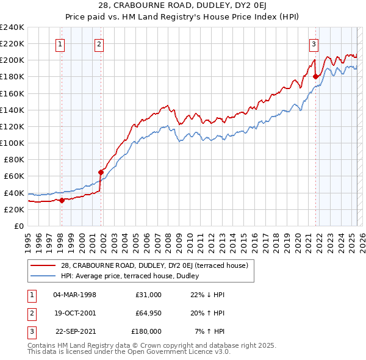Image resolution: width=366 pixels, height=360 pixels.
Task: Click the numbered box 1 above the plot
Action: (x=61, y=43)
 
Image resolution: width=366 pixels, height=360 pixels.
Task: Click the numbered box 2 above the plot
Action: (x=99, y=43)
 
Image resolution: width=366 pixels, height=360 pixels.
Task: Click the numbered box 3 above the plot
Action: (x=313, y=43)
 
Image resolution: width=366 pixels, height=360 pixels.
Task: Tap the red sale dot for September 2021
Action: (x=316, y=76)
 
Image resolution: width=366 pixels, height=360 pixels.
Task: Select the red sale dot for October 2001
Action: (x=101, y=171)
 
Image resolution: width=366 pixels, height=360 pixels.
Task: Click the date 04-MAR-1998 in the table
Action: (x=75, y=295)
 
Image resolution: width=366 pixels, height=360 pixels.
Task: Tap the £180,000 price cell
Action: (x=146, y=331)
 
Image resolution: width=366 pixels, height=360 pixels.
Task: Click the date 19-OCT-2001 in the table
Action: (x=75, y=313)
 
